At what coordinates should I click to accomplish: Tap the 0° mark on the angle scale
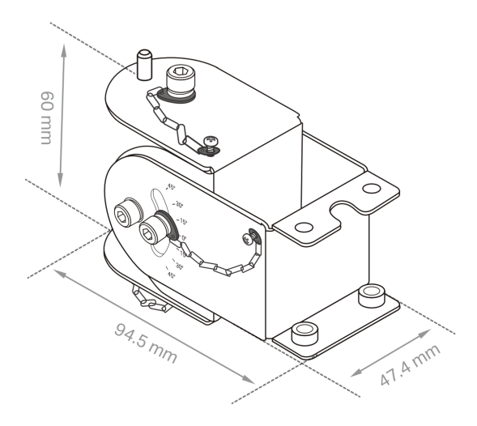coord(183,238)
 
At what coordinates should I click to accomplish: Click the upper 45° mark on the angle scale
coord(171,187)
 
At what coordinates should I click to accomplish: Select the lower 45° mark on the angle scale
coord(172,275)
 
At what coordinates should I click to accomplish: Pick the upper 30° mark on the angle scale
coord(179,204)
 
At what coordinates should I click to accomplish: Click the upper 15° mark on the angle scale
coord(182,220)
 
